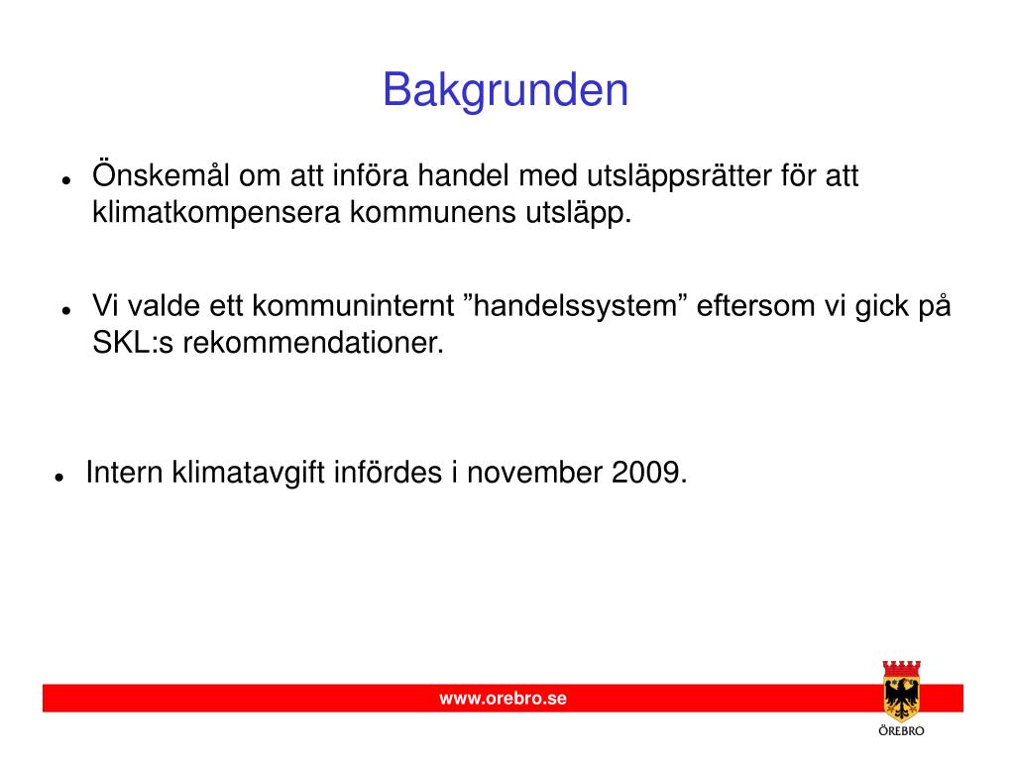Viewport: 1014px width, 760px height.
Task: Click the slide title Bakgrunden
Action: [x=506, y=90]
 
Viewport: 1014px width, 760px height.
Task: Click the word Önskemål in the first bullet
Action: [x=161, y=174]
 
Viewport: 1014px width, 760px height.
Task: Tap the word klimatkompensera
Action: [x=216, y=213]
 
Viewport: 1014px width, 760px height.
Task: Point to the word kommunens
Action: [x=432, y=213]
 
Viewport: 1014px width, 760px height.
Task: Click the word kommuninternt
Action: [x=353, y=305]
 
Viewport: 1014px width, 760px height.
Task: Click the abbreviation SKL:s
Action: [x=133, y=342]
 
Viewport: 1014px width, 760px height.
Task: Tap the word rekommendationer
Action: [x=313, y=342]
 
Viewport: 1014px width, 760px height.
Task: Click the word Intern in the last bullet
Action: [x=124, y=472]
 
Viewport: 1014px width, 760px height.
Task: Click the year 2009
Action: [x=648, y=472]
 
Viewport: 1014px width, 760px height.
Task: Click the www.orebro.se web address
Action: [x=503, y=699]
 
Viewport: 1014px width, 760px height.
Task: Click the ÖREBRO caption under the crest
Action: [x=901, y=731]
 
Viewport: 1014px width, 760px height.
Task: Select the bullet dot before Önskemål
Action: [x=65, y=180]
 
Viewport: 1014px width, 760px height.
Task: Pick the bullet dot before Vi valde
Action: [x=65, y=311]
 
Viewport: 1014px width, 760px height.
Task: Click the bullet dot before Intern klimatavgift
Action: [x=58, y=478]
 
